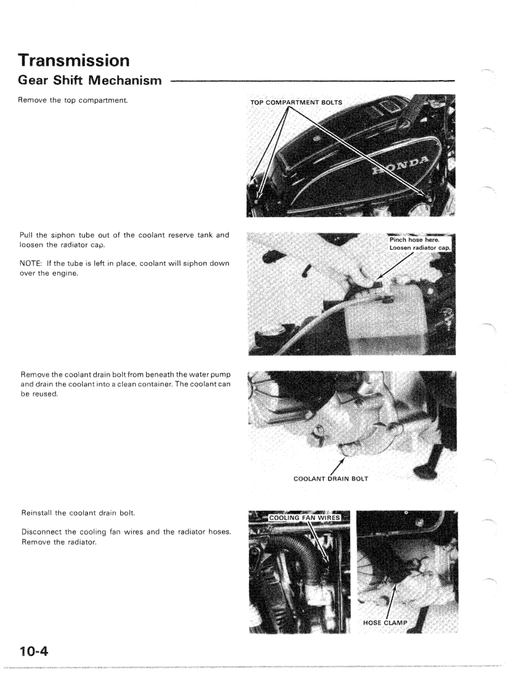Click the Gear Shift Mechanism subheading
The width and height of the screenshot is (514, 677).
[x=89, y=80]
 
